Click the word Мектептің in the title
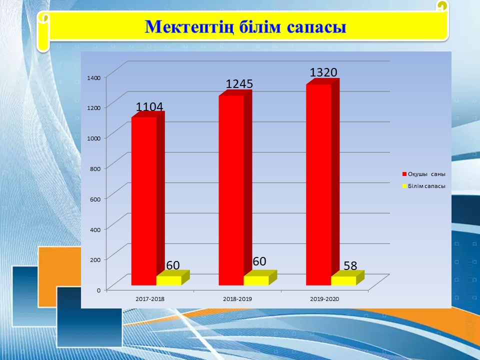tap(189, 27)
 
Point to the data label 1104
tap(149, 107)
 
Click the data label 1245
tap(239, 84)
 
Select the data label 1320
tap(323, 72)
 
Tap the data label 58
tap(350, 265)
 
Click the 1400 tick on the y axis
tap(93, 78)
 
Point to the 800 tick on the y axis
tap(95, 168)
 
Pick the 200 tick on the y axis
tap(95, 259)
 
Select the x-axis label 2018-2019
tap(237, 299)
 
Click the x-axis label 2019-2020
tap(324, 299)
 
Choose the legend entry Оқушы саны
tap(423, 174)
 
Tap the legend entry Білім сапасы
tap(423, 186)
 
